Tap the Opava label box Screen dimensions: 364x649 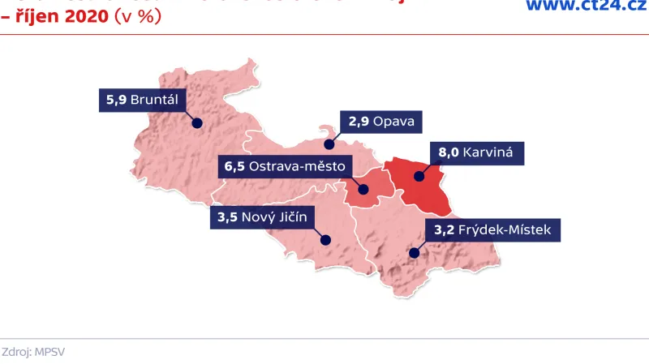(381, 122)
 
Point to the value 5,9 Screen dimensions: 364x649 (117, 101)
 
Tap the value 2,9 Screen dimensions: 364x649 (359, 122)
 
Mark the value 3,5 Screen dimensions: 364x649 (227, 217)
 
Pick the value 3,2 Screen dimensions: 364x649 (444, 230)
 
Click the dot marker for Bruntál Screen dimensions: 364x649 (196, 123)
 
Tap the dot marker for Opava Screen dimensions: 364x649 (329, 144)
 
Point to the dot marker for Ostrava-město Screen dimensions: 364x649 (363, 191)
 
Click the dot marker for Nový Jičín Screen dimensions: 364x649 (325, 239)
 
